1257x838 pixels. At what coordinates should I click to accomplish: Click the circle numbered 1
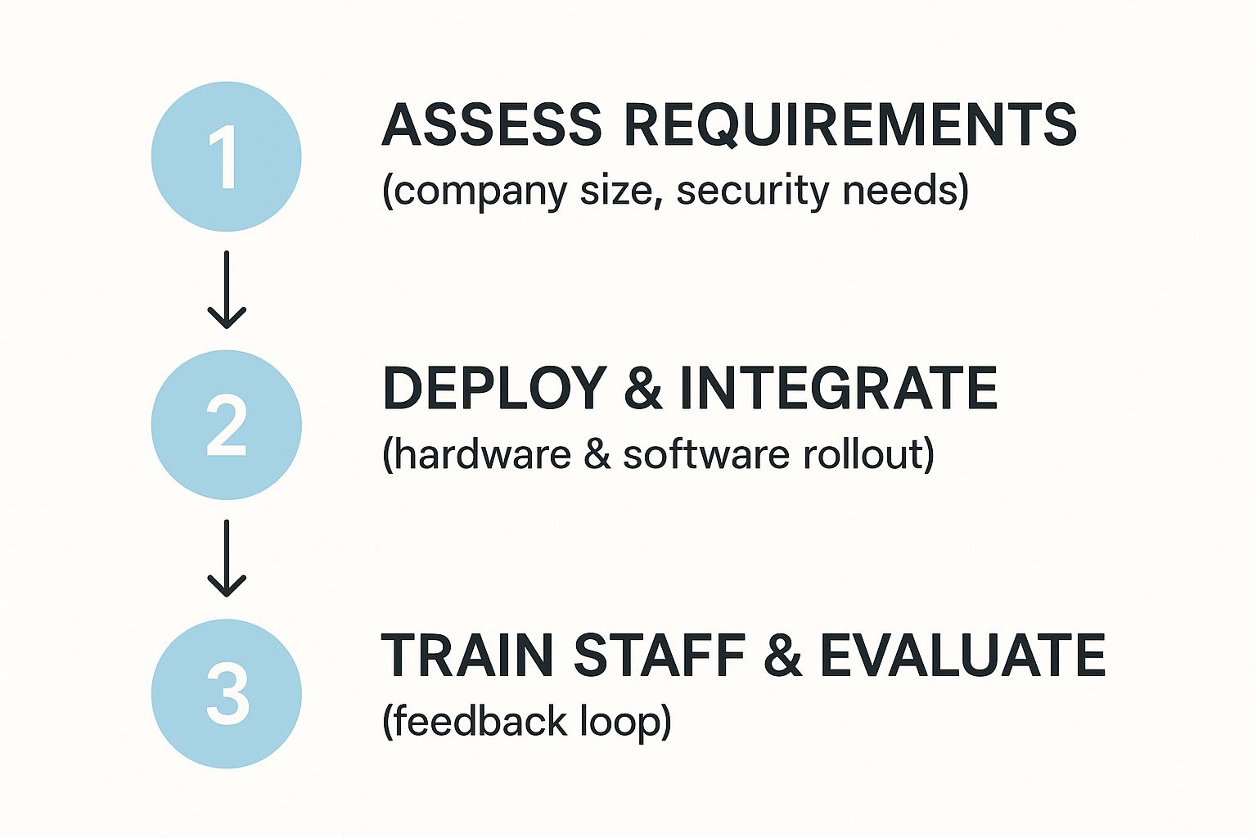point(227,156)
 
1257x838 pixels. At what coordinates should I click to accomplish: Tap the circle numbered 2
point(227,425)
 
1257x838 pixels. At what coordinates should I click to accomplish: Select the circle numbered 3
point(227,693)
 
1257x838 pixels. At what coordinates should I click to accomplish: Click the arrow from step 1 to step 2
point(227,290)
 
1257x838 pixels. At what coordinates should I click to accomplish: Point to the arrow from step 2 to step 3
point(227,558)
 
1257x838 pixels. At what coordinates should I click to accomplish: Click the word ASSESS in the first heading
point(491,125)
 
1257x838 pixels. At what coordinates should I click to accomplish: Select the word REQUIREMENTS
point(850,125)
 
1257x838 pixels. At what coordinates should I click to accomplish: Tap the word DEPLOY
point(493,388)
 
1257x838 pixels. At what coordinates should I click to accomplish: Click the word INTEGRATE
point(838,388)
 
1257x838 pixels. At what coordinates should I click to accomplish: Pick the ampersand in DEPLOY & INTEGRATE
point(643,388)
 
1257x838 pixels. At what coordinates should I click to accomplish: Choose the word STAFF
point(659,656)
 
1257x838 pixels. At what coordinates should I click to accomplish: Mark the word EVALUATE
point(962,656)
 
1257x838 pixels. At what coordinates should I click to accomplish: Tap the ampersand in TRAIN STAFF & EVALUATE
point(782,656)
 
